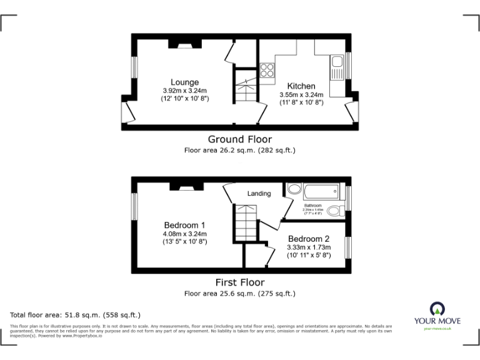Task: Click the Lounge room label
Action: coord(185,82)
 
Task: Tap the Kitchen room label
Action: coord(301,86)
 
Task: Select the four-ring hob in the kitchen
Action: coord(267,71)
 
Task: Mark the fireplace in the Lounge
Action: coord(185,44)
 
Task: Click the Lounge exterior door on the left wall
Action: coord(127,112)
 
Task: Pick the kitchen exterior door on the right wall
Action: coord(352,112)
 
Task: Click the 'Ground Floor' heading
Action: coord(239,139)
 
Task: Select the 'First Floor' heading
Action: coord(239,282)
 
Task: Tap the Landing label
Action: coord(259,194)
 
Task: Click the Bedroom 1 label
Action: coord(184,225)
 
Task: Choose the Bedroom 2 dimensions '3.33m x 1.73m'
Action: coord(309,247)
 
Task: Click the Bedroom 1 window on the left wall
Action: coord(134,206)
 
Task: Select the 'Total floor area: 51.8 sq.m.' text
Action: coord(76,315)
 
